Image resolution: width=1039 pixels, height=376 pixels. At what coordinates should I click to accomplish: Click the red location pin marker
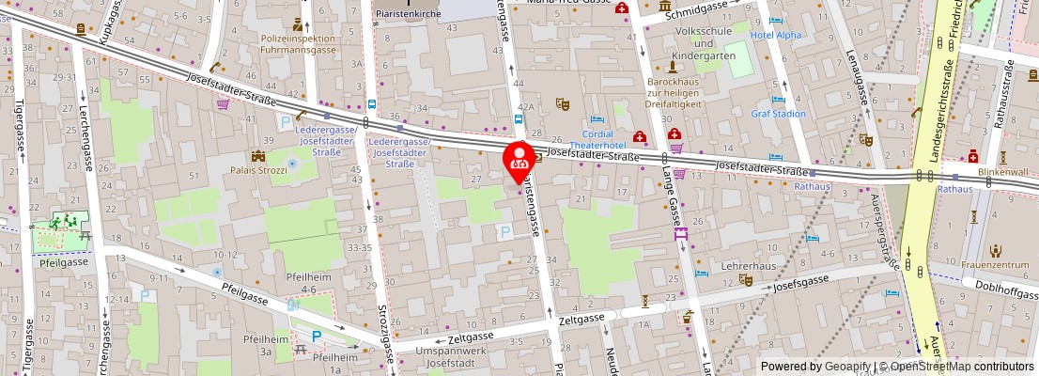tap(519, 161)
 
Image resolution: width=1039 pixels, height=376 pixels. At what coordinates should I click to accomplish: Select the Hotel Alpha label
tap(776, 36)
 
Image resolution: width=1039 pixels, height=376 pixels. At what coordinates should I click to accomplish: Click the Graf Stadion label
tap(778, 114)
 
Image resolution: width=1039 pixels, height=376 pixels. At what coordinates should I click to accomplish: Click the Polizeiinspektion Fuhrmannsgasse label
tap(298, 41)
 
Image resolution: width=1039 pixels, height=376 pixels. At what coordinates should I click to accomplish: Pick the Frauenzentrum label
tap(995, 265)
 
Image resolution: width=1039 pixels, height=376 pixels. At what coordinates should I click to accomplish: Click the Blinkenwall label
tap(1001, 172)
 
